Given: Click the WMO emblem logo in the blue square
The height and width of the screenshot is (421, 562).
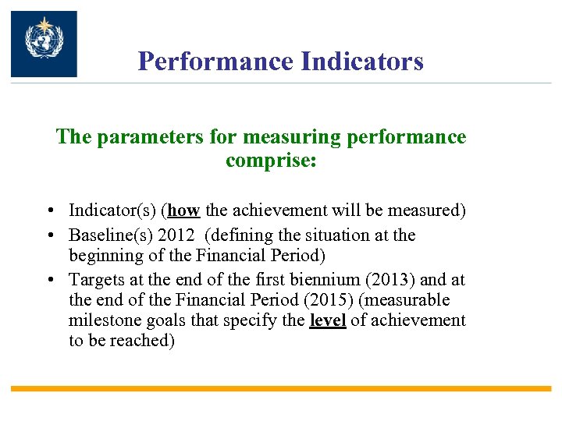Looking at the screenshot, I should click(44, 44).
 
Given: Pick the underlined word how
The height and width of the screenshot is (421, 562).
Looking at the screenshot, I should click(184, 210).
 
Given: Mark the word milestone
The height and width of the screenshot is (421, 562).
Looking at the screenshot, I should click(102, 320).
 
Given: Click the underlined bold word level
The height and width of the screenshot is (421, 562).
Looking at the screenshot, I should click(328, 320).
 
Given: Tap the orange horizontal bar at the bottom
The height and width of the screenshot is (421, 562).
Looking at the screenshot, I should click(281, 388).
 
